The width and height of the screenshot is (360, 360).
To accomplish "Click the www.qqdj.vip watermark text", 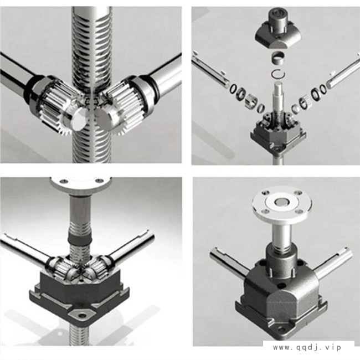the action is [307, 347].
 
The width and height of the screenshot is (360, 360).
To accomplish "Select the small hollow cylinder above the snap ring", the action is [279, 58].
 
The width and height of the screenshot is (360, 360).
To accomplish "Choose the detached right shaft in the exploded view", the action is [343, 71].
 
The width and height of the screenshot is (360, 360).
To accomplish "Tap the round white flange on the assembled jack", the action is [282, 204].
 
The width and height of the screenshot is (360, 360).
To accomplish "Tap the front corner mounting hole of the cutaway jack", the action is [81, 316].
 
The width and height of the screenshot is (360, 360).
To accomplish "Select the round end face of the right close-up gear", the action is [105, 120].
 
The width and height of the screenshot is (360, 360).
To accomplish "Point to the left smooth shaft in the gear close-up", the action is [16, 74].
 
